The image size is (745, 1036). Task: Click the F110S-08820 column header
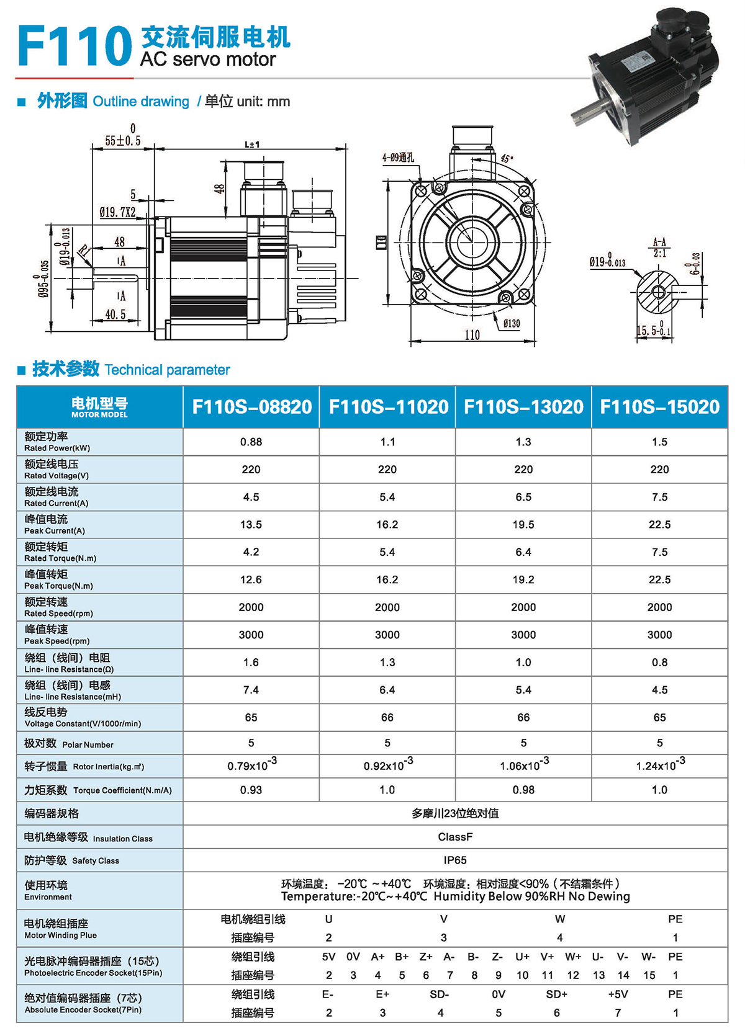[251, 407]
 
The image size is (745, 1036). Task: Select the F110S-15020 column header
[659, 407]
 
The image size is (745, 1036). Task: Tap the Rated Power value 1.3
[523, 442]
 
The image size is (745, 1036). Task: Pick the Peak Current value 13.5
[251, 525]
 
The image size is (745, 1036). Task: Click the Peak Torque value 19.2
[523, 579]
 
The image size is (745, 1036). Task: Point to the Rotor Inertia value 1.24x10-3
[660, 765]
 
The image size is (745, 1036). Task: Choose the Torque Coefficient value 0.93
[251, 790]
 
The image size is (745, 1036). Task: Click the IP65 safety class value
[455, 860]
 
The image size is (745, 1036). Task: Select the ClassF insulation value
[455, 837]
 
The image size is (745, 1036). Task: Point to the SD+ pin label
[556, 994]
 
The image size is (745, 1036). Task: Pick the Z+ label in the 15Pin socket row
[426, 957]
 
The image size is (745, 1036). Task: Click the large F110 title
[74, 46]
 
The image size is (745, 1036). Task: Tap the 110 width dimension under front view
[472, 335]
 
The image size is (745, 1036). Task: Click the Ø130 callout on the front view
[512, 323]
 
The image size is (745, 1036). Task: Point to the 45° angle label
[507, 159]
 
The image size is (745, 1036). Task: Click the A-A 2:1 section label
[659, 248]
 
